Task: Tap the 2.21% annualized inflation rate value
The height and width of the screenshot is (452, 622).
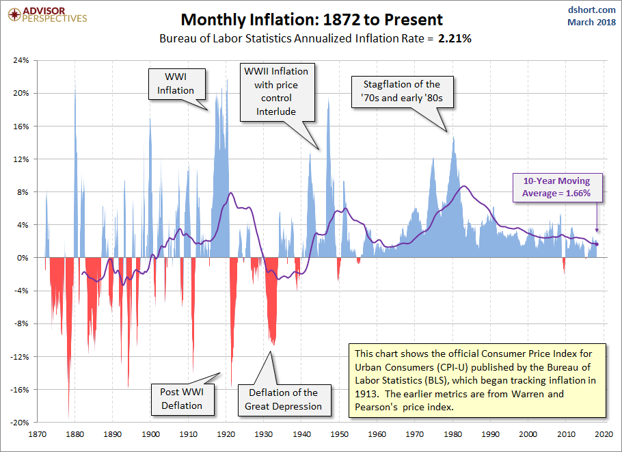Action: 455,39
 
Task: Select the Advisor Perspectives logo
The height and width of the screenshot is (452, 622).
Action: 45,14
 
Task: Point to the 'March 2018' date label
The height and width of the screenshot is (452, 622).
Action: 591,23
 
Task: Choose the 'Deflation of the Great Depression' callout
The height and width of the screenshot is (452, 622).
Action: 283,399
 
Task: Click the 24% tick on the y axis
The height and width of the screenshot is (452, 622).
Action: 21,60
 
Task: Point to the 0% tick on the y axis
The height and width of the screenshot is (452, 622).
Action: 23,258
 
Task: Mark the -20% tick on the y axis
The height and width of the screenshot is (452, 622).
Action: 20,423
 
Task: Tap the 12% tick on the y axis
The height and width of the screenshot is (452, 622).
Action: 21,159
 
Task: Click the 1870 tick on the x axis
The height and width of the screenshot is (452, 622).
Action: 38,434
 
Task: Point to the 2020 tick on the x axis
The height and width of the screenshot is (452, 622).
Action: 603,434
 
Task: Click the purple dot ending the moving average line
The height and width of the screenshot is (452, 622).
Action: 597,244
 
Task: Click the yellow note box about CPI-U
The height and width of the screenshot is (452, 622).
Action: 477,380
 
